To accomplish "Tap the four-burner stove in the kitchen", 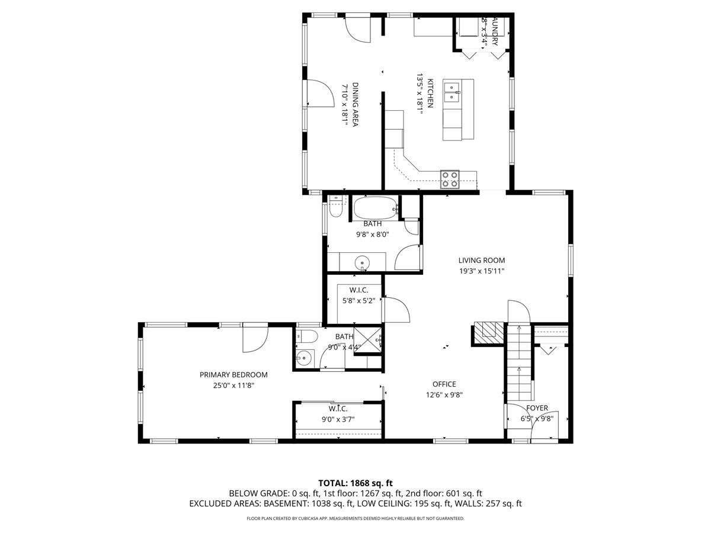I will pos(450,179).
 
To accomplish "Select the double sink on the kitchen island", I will pos(453,92).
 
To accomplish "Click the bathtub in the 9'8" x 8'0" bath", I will pos(376,208).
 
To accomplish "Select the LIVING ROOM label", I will pos(481,260).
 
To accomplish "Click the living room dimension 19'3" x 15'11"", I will pos(481,271).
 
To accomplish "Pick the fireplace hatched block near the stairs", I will pos(489,333).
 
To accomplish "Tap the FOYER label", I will pos(537,408).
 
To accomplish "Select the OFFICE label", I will pos(444,384).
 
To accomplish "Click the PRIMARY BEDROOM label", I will pos(233,374).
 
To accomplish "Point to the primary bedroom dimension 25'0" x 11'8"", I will pos(233,385).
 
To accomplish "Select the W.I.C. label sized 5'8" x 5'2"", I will pos(358,290).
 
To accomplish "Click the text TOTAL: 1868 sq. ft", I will pos(355,483).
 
